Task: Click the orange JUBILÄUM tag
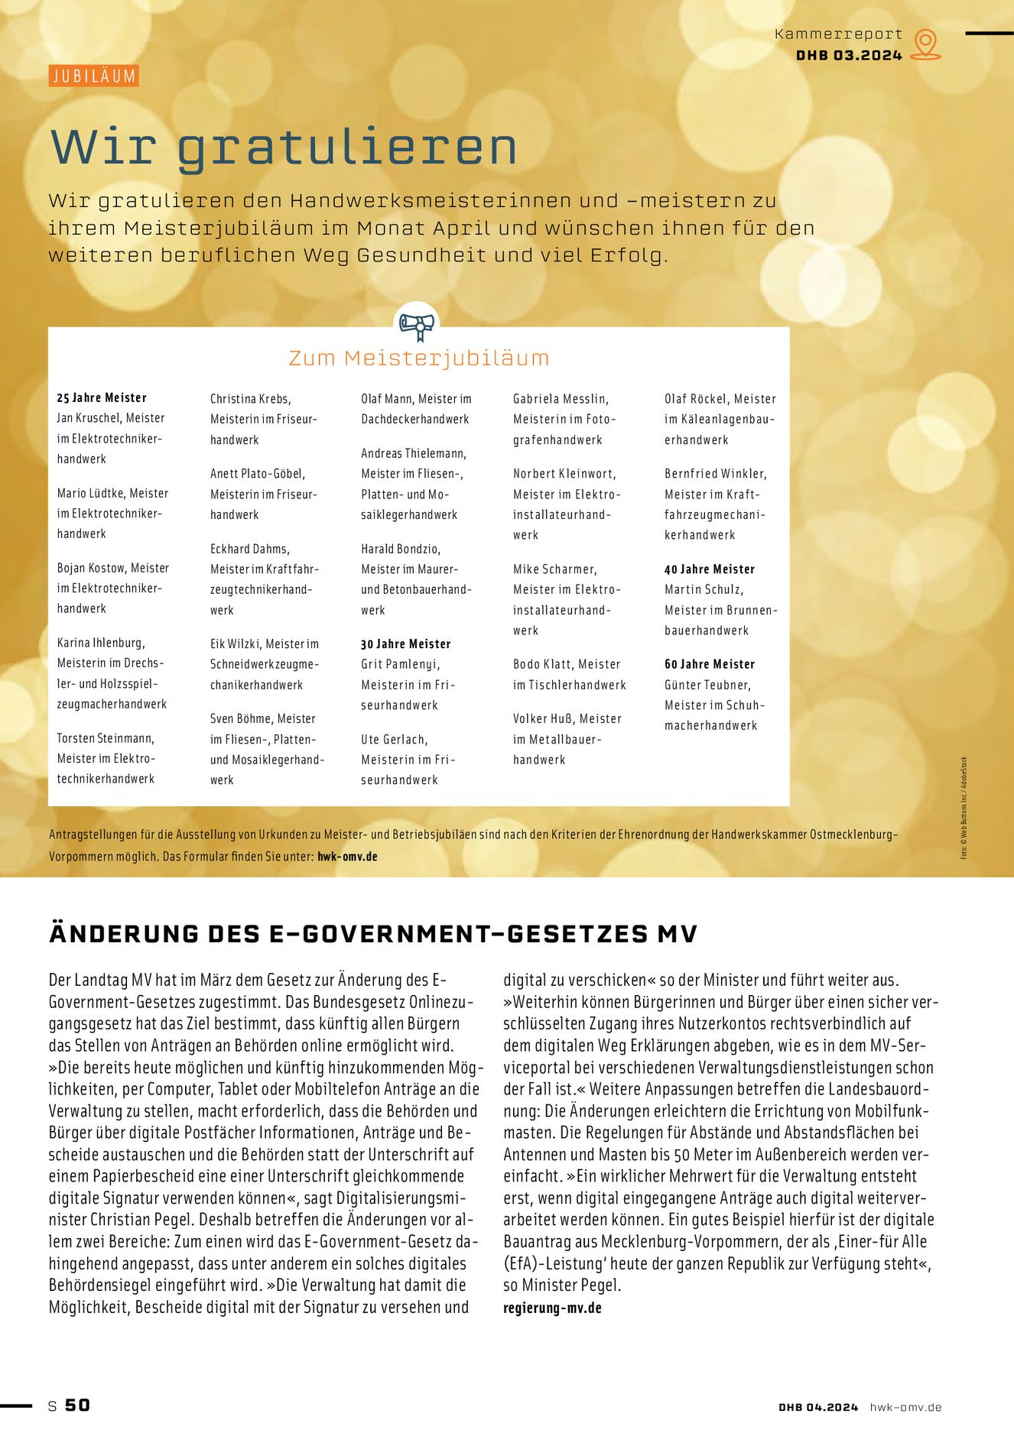click(x=93, y=76)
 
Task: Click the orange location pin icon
click(x=926, y=44)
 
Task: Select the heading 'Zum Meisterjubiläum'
click(x=419, y=358)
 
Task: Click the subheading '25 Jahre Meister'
click(x=102, y=397)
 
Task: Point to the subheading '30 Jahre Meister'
click(x=406, y=644)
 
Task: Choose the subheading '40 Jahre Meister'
click(x=710, y=569)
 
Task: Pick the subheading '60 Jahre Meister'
click(x=710, y=664)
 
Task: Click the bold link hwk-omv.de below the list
click(x=347, y=857)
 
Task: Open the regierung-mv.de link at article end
click(x=552, y=1308)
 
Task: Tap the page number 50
click(x=77, y=1405)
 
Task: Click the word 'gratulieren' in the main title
click(x=347, y=147)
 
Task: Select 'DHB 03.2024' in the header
click(x=849, y=56)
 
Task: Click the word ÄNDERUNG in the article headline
click(x=123, y=934)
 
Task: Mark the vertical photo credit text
click(x=964, y=808)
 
